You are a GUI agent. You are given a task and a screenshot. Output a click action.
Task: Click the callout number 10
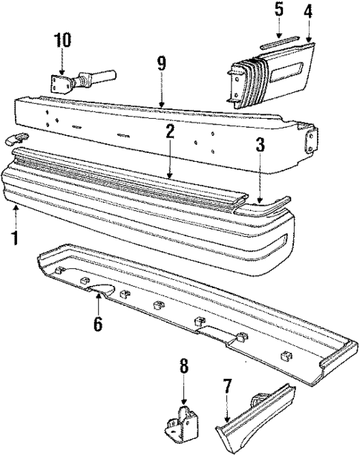click(62, 40)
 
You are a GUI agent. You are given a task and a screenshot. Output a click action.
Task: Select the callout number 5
click(278, 10)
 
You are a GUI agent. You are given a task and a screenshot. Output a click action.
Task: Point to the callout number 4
click(307, 11)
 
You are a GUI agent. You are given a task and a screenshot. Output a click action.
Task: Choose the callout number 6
click(98, 325)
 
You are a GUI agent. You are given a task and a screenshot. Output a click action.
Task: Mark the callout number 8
click(184, 366)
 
